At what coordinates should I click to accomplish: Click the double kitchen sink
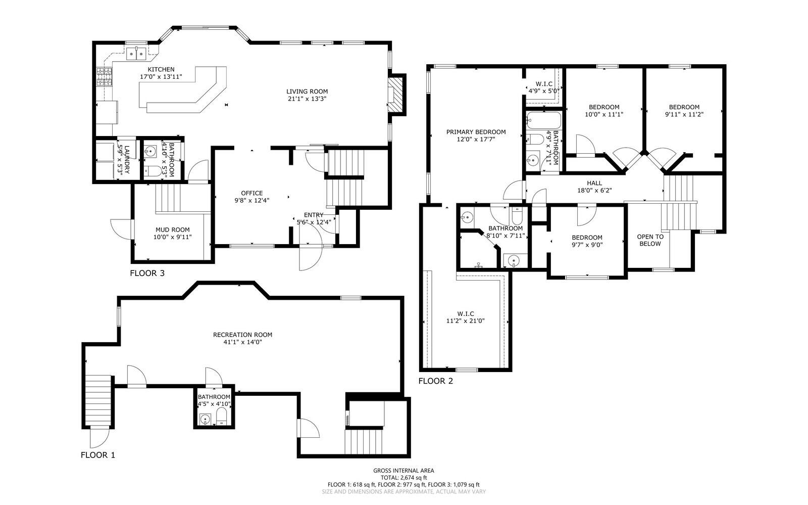click(x=136, y=52)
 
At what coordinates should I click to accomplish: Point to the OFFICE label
click(x=251, y=193)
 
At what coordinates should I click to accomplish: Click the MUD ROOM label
click(x=173, y=229)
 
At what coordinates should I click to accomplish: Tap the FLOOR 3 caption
click(x=147, y=273)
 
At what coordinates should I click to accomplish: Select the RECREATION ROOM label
click(x=242, y=335)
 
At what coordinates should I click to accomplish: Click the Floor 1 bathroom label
click(x=214, y=397)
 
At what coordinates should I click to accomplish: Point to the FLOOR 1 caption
click(x=98, y=455)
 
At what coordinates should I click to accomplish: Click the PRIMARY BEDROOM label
click(x=476, y=132)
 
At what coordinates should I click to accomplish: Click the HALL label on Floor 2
click(x=594, y=183)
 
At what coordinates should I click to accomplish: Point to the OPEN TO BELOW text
click(x=650, y=240)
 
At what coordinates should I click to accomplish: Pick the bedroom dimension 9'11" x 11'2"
click(x=684, y=114)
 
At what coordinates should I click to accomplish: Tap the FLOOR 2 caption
click(x=435, y=381)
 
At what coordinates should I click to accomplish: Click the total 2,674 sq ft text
click(x=403, y=477)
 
